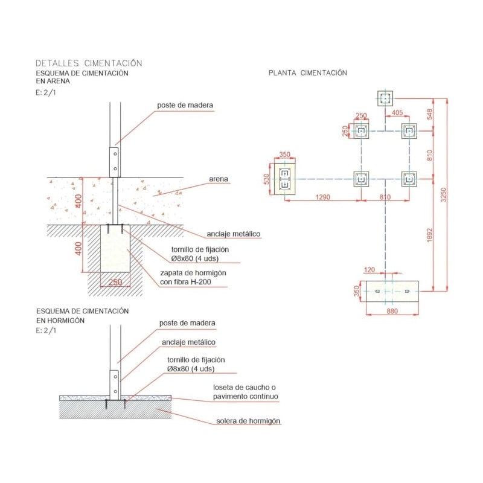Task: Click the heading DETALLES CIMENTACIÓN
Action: point(89,63)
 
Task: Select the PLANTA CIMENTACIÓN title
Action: point(308,72)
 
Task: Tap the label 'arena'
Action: point(218,179)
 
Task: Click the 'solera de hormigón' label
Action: point(248,421)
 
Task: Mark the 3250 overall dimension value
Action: point(444,194)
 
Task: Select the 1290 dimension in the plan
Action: point(324,197)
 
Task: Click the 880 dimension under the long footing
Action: point(392,312)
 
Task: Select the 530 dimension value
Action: point(267,179)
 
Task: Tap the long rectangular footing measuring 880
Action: point(392,292)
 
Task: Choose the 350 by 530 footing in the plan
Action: point(284,179)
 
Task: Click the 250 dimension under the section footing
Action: point(115,282)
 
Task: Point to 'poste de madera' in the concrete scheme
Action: point(187,323)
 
